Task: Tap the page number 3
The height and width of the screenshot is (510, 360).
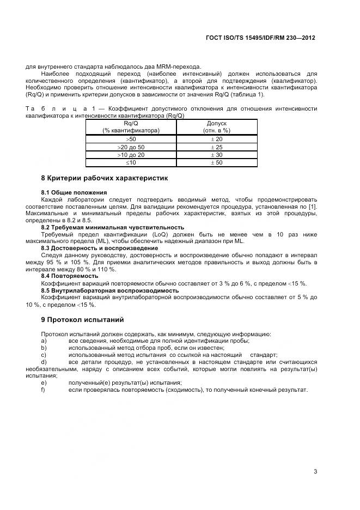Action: (315, 471)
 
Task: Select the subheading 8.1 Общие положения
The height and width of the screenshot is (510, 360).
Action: (74, 192)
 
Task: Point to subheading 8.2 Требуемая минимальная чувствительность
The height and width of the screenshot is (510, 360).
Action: (113, 227)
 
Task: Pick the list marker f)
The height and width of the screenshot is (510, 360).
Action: (44, 390)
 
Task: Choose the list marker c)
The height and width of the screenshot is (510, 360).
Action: (44, 354)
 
